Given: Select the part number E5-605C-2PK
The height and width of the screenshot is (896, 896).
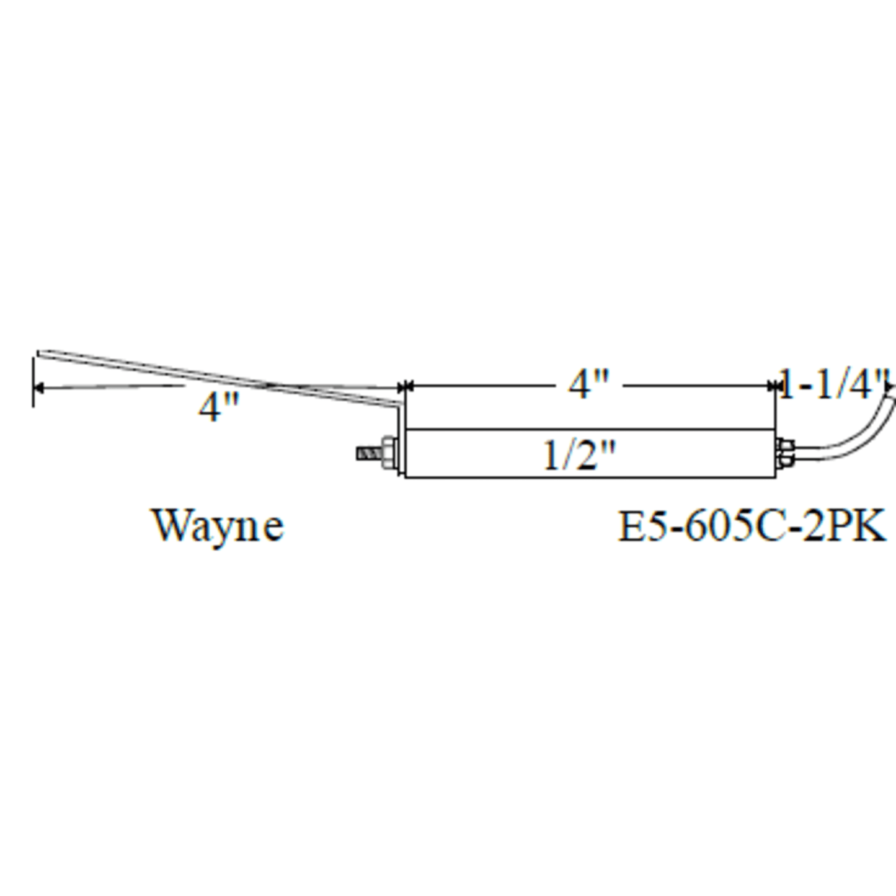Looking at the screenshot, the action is (x=752, y=526).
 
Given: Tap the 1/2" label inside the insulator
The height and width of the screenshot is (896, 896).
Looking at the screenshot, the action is (x=579, y=455).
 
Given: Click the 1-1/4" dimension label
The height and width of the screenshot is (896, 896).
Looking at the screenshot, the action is (x=832, y=384).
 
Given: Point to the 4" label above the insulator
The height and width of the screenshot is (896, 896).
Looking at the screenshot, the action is (x=588, y=384).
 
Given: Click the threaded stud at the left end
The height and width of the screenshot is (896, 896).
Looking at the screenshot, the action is (x=370, y=453).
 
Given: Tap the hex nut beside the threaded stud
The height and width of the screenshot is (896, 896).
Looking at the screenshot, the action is (x=389, y=453).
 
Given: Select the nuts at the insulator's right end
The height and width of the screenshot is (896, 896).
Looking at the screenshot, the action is (x=785, y=453).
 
